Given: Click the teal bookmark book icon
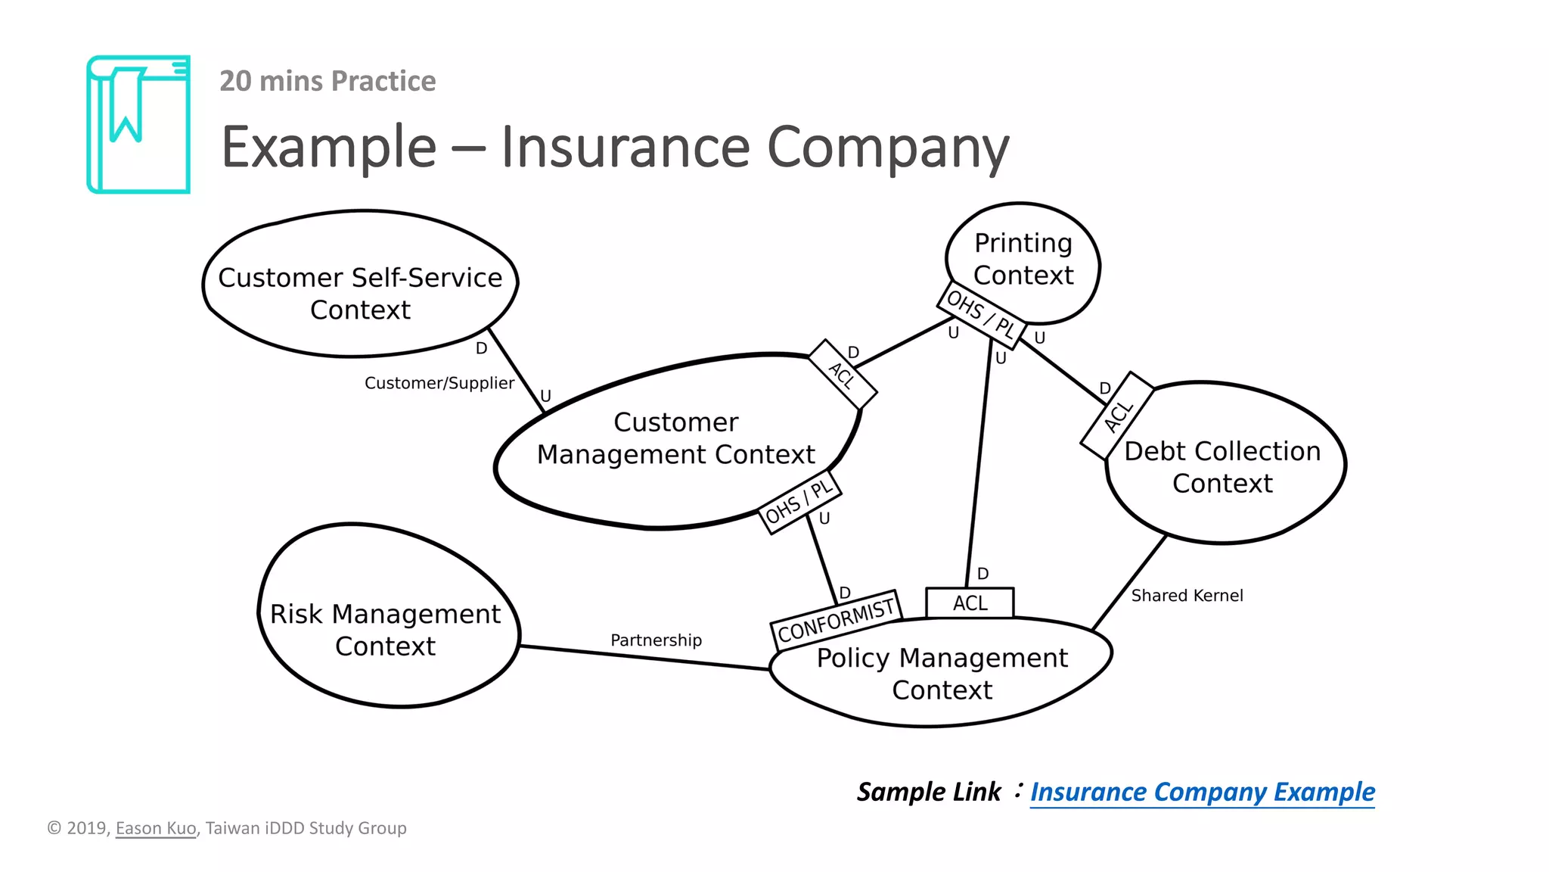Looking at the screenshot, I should pyautogui.click(x=138, y=124).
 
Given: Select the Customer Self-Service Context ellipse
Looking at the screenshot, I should pyautogui.click(x=360, y=294).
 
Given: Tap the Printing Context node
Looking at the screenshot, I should pyautogui.click(x=1023, y=259).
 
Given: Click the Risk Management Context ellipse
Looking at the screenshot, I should pyautogui.click(x=385, y=629).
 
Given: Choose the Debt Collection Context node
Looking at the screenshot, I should pyautogui.click(x=1222, y=467).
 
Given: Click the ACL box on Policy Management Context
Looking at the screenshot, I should pyautogui.click(x=970, y=603).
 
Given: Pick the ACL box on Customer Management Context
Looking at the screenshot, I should pyautogui.click(x=842, y=375).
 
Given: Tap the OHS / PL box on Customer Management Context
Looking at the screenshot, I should pyautogui.click(x=799, y=503).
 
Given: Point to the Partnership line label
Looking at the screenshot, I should pyautogui.click(x=656, y=640).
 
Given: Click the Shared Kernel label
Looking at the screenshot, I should pyautogui.click(x=1186, y=596).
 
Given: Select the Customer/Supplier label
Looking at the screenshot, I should pyautogui.click(x=439, y=383).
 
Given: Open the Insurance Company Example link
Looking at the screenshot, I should pyautogui.click(x=1202, y=792).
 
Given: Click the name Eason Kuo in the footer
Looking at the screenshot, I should pyautogui.click(x=155, y=828).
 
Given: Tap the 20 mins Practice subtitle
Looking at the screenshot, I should pyautogui.click(x=327, y=81).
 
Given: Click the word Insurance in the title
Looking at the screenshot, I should pyautogui.click(x=625, y=147).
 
